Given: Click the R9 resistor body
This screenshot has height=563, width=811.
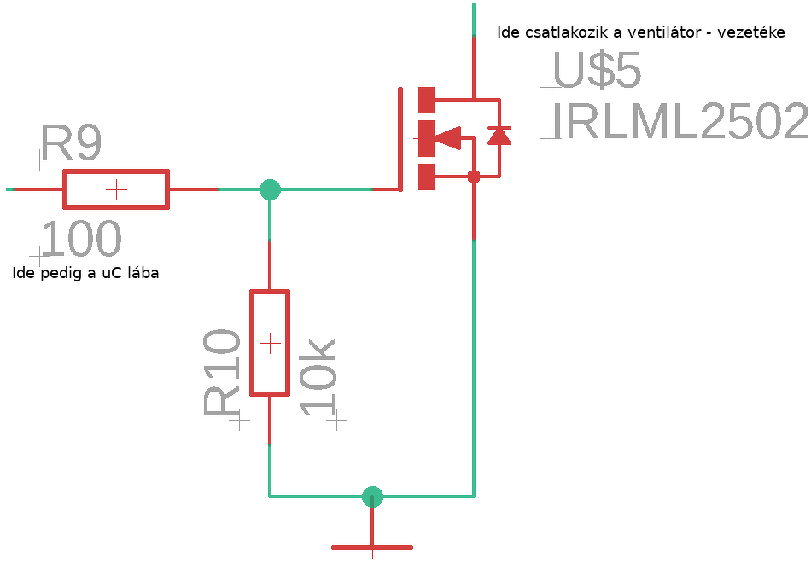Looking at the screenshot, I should pos(116,189).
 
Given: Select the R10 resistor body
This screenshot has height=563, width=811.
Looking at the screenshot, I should pos(270,343).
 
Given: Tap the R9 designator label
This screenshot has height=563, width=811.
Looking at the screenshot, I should pos(72,143).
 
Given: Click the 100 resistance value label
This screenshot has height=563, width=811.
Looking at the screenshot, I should pos(80,239).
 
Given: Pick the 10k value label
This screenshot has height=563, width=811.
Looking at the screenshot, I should pos(319,375).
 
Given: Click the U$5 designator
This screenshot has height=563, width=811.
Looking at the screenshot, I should pos(597,72).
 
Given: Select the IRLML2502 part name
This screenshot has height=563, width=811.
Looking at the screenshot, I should pos(679,122).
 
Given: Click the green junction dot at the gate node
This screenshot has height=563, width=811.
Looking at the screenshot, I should pos(270,189).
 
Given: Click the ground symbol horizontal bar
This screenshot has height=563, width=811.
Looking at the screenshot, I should pos(372,547).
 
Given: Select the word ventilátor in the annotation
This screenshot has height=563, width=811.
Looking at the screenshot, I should pos(663,32).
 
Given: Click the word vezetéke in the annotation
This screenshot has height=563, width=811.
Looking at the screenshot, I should pos(751,32).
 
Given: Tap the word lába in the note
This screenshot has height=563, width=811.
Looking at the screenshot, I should pos(141,274).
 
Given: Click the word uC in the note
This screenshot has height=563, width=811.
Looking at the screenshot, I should pos(108,274).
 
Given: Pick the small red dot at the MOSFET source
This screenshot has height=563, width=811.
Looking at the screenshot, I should pos(474,177).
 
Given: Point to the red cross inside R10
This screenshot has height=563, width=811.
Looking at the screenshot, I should pos(270,343).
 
